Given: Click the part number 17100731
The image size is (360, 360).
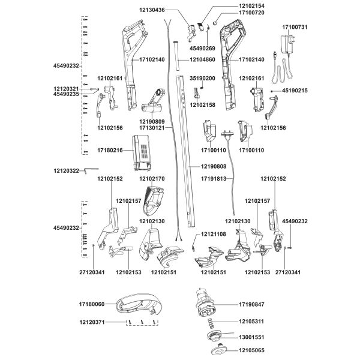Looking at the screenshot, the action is pyautogui.click(x=295, y=27).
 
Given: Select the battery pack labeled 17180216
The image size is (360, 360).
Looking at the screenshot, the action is pyautogui.click(x=142, y=152).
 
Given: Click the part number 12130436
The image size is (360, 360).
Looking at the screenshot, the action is pyautogui.click(x=152, y=10).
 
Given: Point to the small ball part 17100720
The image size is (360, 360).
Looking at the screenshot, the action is pyautogui.click(x=215, y=23).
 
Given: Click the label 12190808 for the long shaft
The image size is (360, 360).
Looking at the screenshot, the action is pyautogui.click(x=214, y=166).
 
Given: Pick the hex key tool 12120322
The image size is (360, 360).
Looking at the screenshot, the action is pyautogui.click(x=91, y=170).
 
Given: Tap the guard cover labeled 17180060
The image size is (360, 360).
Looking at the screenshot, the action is pyautogui.click(x=139, y=304).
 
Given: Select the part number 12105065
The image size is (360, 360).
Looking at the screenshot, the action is pyautogui.click(x=251, y=350).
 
